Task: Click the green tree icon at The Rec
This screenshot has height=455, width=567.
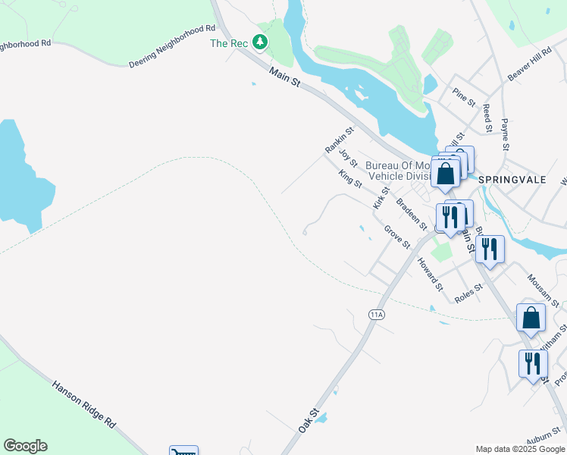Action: (x=261, y=42)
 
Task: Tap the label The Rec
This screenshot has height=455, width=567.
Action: (x=229, y=43)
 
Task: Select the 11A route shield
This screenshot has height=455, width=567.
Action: (x=377, y=314)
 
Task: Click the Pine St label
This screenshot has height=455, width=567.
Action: (x=463, y=97)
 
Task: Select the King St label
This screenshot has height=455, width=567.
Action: (x=350, y=180)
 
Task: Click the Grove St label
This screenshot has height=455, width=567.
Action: (x=396, y=237)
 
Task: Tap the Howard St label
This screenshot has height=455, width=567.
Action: (x=429, y=274)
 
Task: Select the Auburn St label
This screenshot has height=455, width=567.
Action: (x=545, y=439)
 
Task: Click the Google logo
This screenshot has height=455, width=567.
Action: (x=25, y=446)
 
